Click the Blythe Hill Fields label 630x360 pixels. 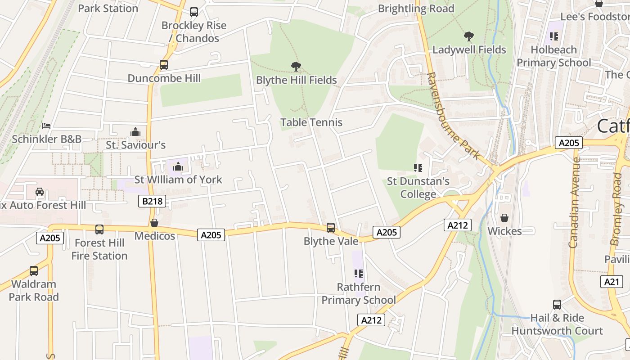(x=296, y=80)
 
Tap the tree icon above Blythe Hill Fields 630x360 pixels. (x=296, y=67)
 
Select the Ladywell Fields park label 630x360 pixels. (x=469, y=49)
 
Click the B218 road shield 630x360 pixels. (x=152, y=201)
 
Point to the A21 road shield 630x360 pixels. (x=612, y=282)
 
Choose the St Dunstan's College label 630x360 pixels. (x=418, y=188)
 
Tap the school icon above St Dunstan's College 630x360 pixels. (x=418, y=168)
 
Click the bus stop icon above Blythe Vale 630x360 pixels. (x=331, y=228)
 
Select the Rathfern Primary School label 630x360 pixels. (x=358, y=293)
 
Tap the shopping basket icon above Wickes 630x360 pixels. (x=504, y=218)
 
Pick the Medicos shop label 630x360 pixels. (x=155, y=236)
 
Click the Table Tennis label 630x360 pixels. (x=311, y=122)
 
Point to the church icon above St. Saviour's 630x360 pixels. (x=135, y=132)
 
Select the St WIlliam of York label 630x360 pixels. (x=178, y=180)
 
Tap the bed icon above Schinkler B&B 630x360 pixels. (x=46, y=126)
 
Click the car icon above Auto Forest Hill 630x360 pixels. (x=40, y=192)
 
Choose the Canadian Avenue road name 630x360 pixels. (x=574, y=202)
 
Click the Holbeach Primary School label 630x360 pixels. (x=553, y=56)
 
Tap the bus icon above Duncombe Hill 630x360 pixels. (x=164, y=65)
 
